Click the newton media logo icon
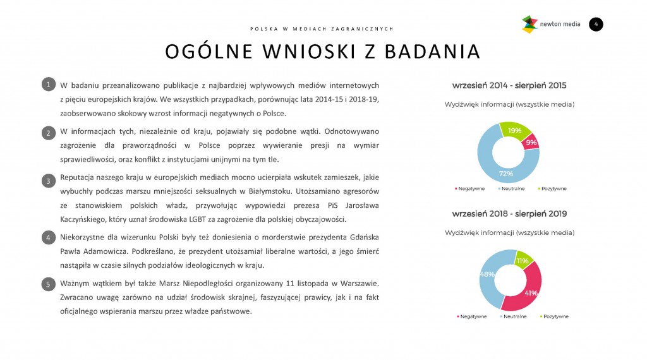tap(529, 25)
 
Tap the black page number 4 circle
tap(596, 25)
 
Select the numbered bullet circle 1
tap(47, 84)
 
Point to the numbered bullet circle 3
tap(47, 181)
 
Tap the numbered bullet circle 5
tap(47, 284)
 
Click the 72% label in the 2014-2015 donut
tap(506, 173)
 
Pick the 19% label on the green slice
tap(514, 130)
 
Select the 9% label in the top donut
tap(531, 143)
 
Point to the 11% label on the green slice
tap(523, 260)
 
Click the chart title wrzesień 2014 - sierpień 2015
tap(509, 85)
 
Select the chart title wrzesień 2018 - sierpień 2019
tap(509, 214)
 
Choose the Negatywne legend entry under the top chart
tap(469, 188)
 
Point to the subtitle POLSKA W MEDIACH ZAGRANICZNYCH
tap(322, 28)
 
